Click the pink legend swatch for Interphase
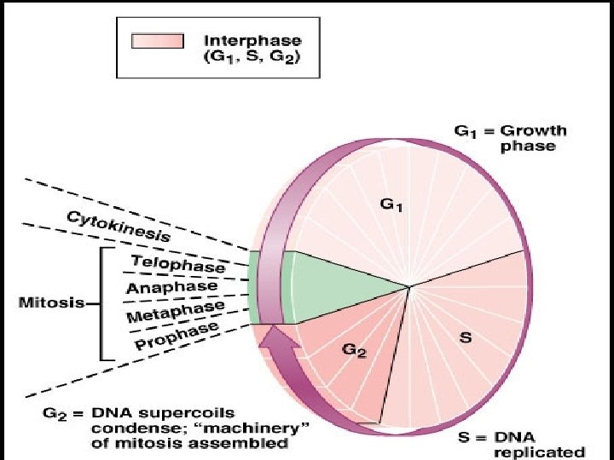[157, 41]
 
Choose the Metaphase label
[175, 311]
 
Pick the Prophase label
[177, 336]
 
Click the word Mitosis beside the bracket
[48, 302]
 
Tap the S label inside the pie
[466, 337]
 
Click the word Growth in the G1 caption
[533, 132]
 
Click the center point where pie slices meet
[409, 286]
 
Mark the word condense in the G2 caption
[123, 428]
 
